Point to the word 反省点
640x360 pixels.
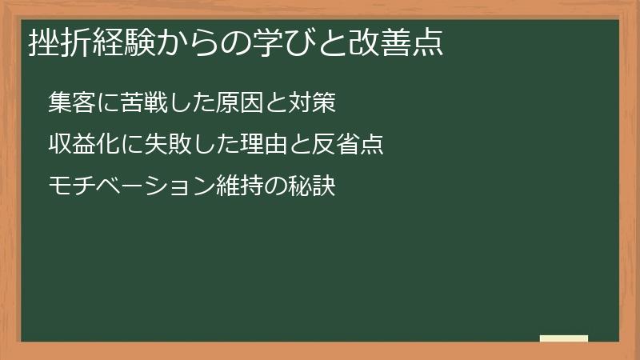click(346, 145)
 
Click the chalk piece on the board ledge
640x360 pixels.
click(563, 338)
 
